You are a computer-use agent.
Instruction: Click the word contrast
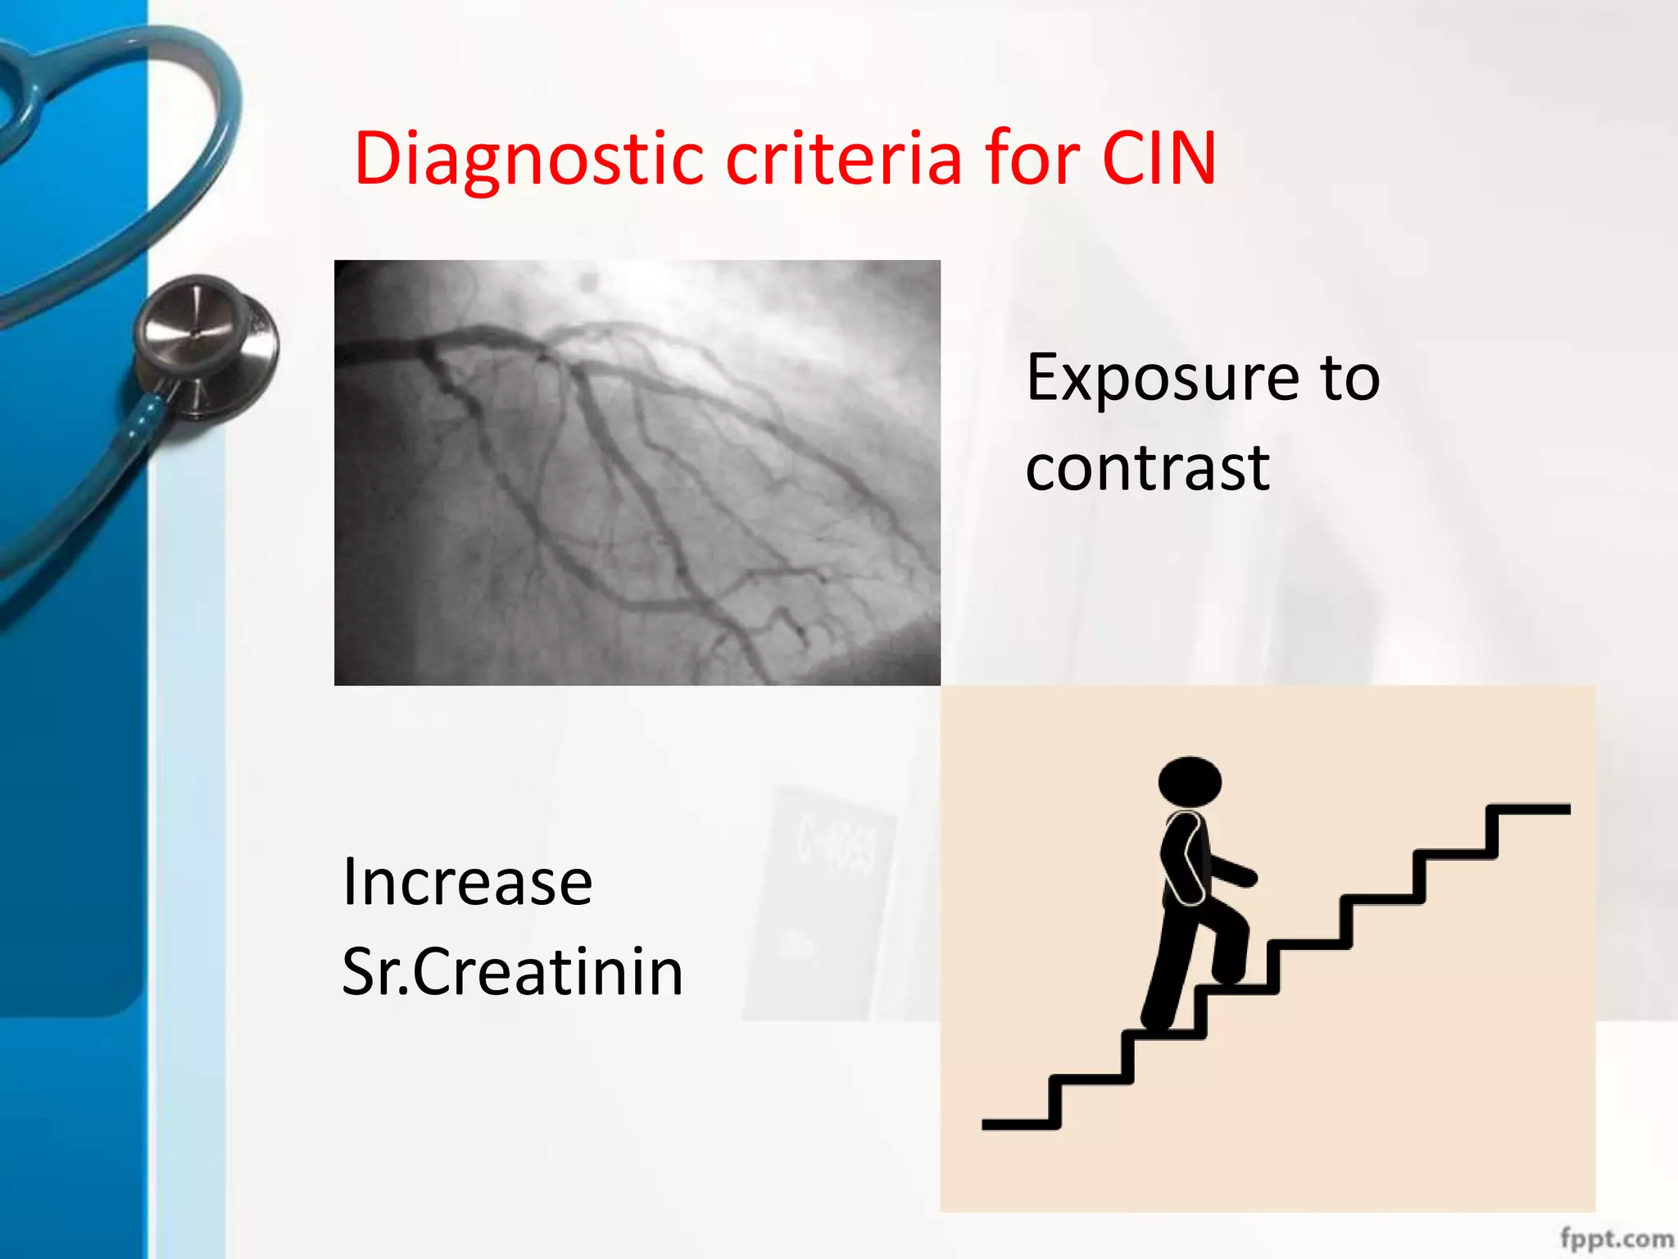(x=1147, y=468)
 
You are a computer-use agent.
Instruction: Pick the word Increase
(x=467, y=883)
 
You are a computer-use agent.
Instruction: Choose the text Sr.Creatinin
(x=512, y=972)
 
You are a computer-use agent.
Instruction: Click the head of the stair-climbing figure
(x=1190, y=781)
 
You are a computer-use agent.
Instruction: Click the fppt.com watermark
(x=1616, y=1239)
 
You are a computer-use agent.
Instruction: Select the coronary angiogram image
(x=637, y=472)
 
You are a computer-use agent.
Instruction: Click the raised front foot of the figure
(x=1229, y=975)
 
